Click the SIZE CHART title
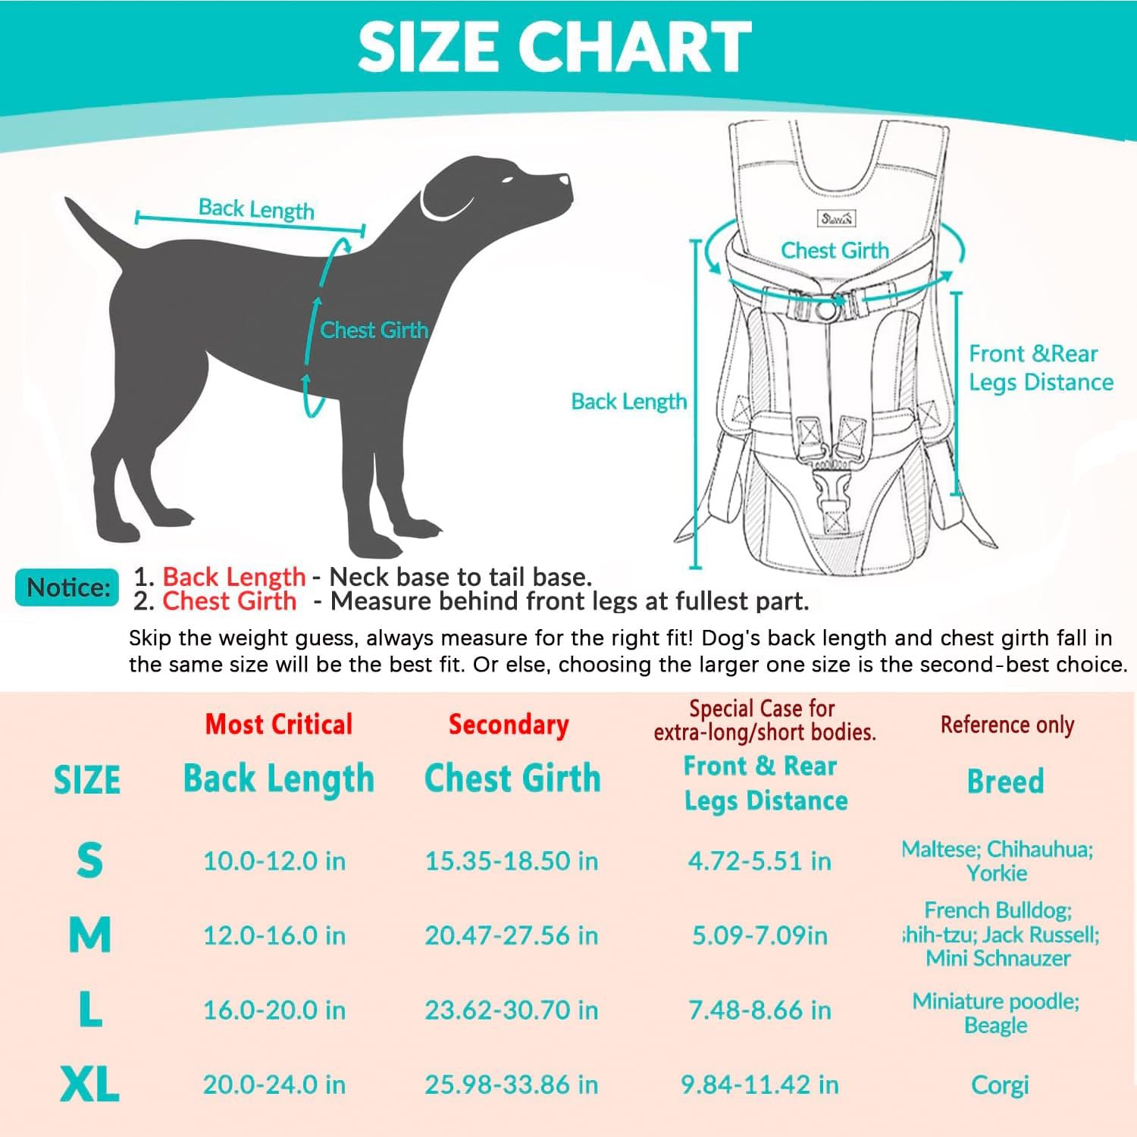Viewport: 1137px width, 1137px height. (x=554, y=46)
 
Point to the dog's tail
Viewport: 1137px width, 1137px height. (x=95, y=235)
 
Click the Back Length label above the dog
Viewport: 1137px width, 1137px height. (x=256, y=208)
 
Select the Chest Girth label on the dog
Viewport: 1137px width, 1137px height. (x=374, y=330)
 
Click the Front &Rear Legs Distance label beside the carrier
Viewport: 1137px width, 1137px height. (x=1041, y=368)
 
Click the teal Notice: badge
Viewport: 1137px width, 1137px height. (x=67, y=587)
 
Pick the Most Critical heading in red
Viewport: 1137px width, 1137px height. (x=279, y=724)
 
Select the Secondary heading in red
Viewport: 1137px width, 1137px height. (x=509, y=724)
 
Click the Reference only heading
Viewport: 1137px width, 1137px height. (x=1007, y=725)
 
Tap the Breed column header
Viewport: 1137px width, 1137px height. (x=1006, y=781)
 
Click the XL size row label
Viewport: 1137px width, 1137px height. (x=89, y=1084)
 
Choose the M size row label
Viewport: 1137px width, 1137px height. (x=89, y=935)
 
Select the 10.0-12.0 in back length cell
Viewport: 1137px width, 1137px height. (x=274, y=861)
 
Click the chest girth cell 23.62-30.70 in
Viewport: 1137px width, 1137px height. (x=512, y=1010)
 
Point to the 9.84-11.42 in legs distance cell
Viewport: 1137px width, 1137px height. (x=760, y=1085)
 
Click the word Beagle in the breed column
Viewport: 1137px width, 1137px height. (x=996, y=1026)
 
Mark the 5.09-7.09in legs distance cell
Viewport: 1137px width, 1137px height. (x=760, y=935)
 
